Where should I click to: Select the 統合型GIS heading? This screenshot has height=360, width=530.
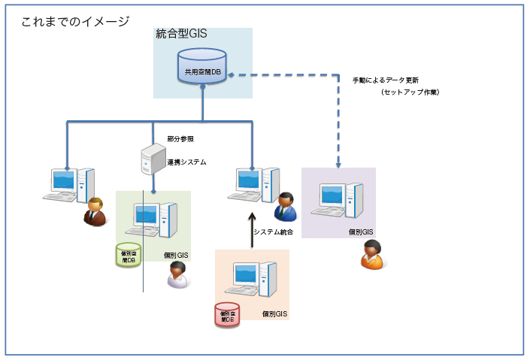pyautogui.click(x=181, y=34)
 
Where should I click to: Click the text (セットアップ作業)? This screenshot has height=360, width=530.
pyautogui.click(x=410, y=92)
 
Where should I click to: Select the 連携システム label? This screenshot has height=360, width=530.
pyautogui.click(x=186, y=162)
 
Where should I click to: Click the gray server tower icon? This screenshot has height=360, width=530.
pyautogui.click(x=153, y=159)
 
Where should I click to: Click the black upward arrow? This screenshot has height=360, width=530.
pyautogui.click(x=252, y=229)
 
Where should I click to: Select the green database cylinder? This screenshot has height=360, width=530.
pyautogui.click(x=129, y=256)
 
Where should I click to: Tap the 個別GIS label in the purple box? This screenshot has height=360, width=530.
pyautogui.click(x=361, y=232)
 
